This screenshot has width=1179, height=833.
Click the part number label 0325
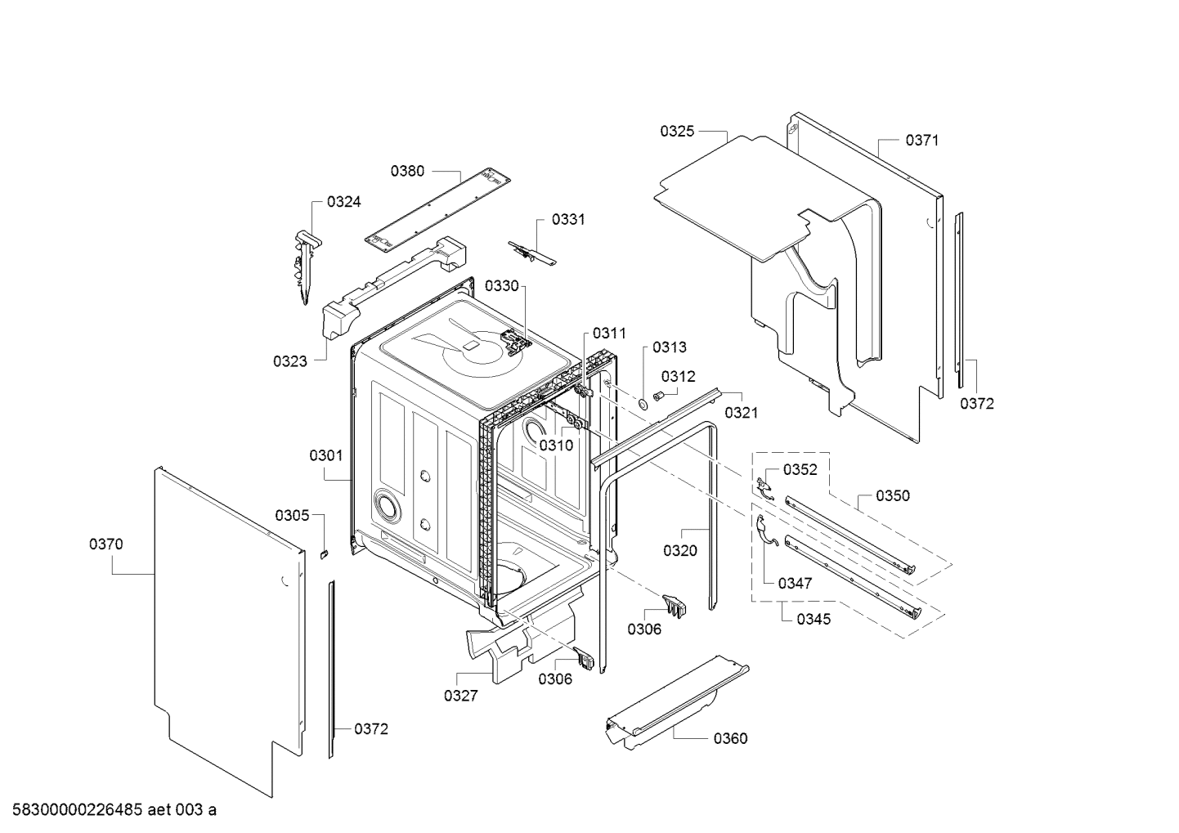pyautogui.click(x=677, y=131)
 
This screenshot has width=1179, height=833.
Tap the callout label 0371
pyautogui.click(x=921, y=141)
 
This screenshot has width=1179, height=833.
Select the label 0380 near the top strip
pyautogui.click(x=407, y=171)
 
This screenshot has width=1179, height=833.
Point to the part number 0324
pyautogui.click(x=343, y=202)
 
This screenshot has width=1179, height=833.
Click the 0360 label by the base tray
pyautogui.click(x=730, y=739)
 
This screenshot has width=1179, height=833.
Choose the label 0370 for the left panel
pyautogui.click(x=106, y=544)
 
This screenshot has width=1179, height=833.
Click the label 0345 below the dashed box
pyautogui.click(x=814, y=619)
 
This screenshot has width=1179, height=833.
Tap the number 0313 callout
pyautogui.click(x=670, y=347)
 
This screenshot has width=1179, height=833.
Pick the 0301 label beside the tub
pyautogui.click(x=326, y=455)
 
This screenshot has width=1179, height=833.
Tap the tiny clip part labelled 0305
pyautogui.click(x=323, y=553)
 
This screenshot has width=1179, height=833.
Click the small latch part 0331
pyautogui.click(x=530, y=252)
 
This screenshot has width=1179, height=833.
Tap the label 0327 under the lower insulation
pyautogui.click(x=460, y=696)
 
